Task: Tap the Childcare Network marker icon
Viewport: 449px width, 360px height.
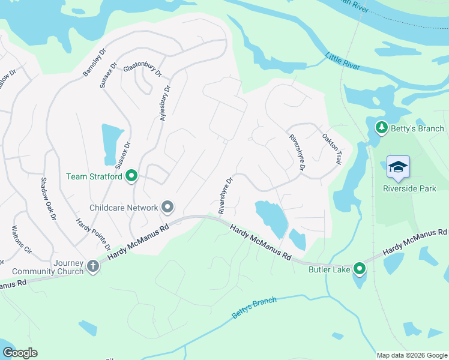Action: click(167, 208)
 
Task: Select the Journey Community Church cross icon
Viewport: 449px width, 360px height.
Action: click(92, 265)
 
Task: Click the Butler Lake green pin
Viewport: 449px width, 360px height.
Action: click(360, 268)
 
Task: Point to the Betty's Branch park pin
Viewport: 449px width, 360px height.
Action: click(381, 128)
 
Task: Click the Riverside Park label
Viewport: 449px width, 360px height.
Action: click(409, 188)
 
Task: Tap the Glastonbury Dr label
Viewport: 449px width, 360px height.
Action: click(142, 70)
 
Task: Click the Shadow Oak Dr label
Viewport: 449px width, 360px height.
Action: click(47, 198)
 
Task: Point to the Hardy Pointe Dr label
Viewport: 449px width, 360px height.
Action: click(93, 234)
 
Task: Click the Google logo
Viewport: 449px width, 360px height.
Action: click(20, 353)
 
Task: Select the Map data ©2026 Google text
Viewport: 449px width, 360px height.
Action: click(411, 355)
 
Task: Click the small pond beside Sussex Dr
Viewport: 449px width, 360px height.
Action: click(110, 144)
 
